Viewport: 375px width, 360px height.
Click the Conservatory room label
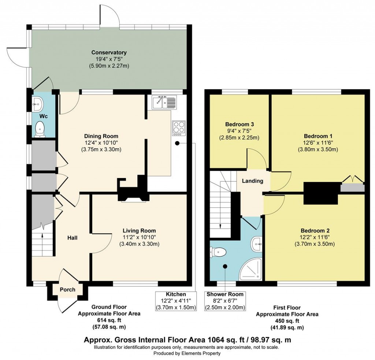109,52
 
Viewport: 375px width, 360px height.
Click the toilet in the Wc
40,129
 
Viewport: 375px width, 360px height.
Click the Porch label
67,290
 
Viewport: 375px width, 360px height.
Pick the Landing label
253,181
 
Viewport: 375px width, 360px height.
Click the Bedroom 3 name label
240,125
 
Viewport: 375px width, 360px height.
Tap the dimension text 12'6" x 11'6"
318,143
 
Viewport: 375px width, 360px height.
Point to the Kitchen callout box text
176,301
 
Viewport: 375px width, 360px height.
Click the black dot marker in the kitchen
177,143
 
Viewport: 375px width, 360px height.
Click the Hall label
72,238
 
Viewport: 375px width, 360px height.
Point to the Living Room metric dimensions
139,244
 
